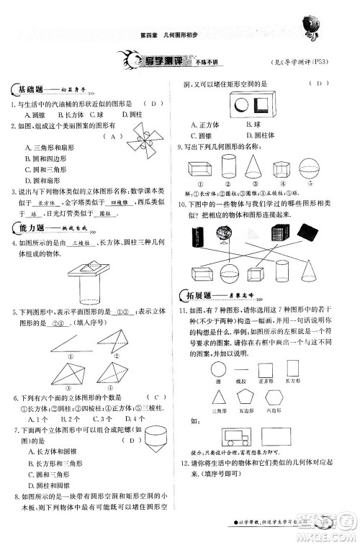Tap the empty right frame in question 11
(303, 435)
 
